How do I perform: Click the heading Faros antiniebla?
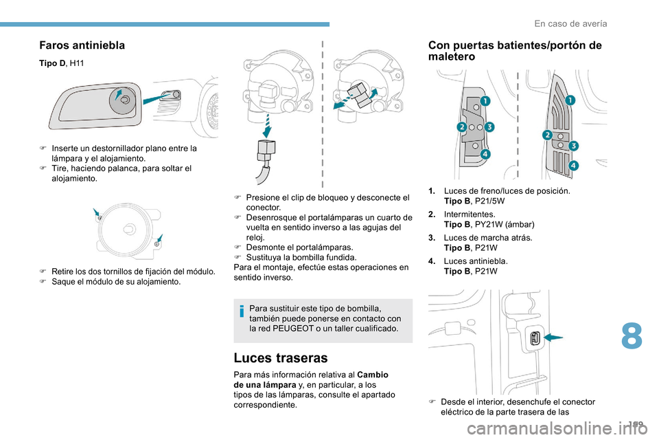pos(82,45)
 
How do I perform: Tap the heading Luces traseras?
pos(281,357)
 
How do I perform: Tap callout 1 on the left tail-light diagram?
pos(485,102)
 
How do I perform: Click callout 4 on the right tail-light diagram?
pos(573,166)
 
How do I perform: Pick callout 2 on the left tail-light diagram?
pos(462,128)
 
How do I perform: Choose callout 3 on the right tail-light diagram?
pos(573,145)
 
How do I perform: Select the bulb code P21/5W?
pos(489,201)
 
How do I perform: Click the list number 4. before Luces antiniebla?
pos(432,261)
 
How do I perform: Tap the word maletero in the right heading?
pos(452,56)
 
